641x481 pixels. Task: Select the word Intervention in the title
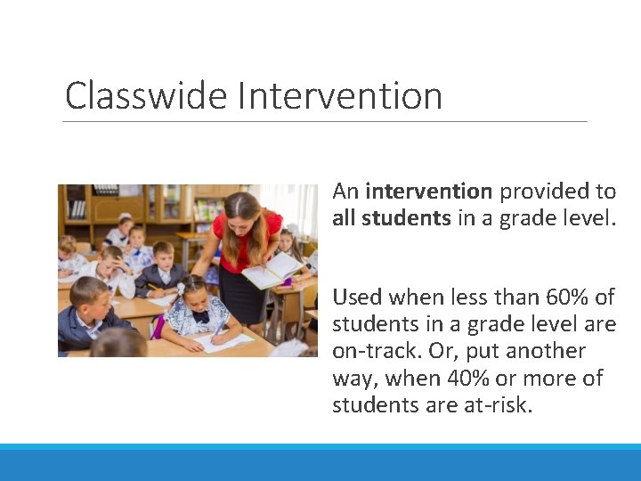coord(339,95)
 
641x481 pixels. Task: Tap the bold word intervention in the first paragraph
coord(428,192)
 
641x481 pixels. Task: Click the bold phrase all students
coord(391,218)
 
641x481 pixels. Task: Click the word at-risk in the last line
coord(506,405)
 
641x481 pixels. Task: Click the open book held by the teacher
coord(272,270)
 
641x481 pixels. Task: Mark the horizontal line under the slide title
coord(326,121)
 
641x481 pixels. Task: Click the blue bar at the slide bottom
coord(320,463)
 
